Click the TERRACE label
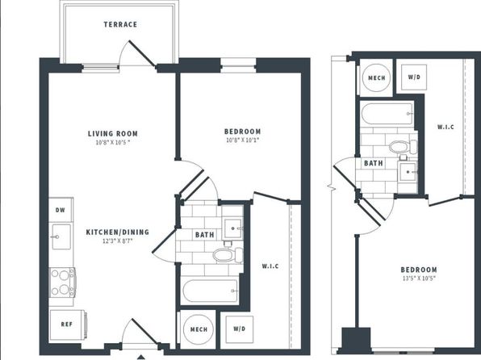(120, 24)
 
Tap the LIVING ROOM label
(113, 133)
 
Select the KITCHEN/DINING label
(118, 232)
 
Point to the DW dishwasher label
(61, 210)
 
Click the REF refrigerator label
(66, 324)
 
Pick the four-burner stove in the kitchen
(63, 283)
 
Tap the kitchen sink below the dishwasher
(61, 237)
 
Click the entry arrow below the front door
(140, 357)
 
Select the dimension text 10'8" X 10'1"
(243, 140)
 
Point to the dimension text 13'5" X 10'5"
(419, 278)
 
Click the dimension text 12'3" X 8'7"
(117, 241)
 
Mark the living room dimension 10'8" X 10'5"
(113, 142)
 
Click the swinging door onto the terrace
(142, 52)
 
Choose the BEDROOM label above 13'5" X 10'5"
(419, 270)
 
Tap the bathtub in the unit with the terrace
(211, 291)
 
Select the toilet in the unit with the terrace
(228, 255)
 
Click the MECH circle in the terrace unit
(199, 329)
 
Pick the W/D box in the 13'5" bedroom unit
(414, 77)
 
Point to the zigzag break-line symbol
(331, 186)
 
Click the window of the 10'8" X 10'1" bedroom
(238, 65)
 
